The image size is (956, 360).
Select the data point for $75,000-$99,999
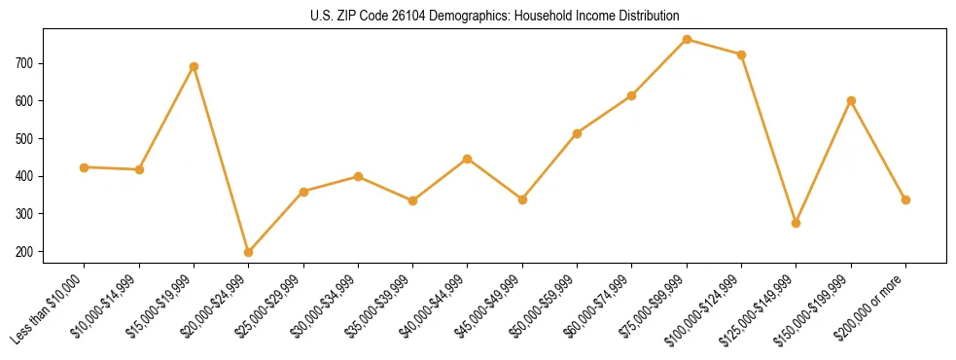click(687, 39)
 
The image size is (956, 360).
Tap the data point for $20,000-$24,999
click(249, 252)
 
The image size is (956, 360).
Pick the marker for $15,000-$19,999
click(195, 66)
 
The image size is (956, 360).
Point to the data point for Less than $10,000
click(85, 167)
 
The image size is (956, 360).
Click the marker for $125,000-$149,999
click(797, 223)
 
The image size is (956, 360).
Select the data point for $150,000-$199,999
click(851, 100)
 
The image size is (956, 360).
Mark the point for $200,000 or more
click(905, 199)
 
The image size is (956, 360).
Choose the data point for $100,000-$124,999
click(741, 54)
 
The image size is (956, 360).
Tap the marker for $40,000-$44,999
click(468, 159)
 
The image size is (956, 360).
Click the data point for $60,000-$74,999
click(632, 95)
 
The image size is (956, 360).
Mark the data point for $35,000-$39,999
click(413, 200)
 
